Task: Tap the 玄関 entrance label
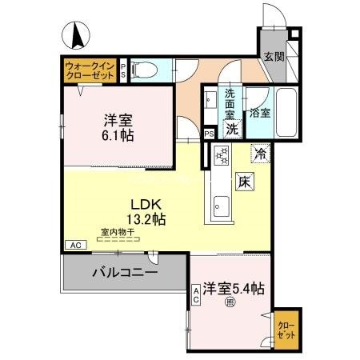[x=274, y=57]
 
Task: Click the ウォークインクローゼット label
[x=89, y=70]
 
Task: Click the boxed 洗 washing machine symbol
[x=231, y=128]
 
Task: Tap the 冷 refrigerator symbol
[x=261, y=150]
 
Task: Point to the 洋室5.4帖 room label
[x=234, y=288]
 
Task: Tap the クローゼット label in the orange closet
[x=286, y=330]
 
